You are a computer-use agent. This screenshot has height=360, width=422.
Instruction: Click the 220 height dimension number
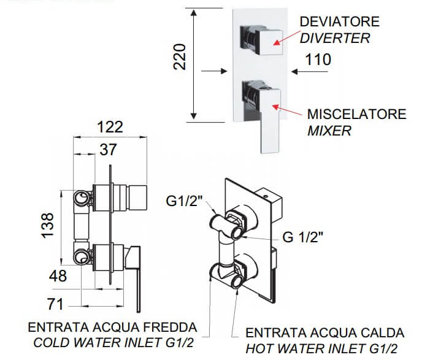pyautogui.click(x=180, y=57)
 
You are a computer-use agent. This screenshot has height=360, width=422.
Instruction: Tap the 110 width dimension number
pyautogui.click(x=318, y=59)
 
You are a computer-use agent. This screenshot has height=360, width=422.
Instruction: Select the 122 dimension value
pyautogui.click(x=110, y=127)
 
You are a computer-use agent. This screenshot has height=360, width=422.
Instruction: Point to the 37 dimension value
pyautogui.click(x=108, y=149)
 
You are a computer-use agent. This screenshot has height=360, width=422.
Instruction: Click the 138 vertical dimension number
pyautogui.click(x=47, y=225)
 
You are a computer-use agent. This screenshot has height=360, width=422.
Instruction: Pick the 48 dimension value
pyautogui.click(x=58, y=276)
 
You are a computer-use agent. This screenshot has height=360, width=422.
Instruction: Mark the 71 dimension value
pyautogui.click(x=55, y=304)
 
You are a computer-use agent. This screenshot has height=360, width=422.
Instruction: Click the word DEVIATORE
pyautogui.click(x=339, y=21)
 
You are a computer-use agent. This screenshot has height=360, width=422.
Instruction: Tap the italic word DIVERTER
pyautogui.click(x=335, y=38)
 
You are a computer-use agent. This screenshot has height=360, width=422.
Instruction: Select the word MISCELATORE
pyautogui.click(x=356, y=114)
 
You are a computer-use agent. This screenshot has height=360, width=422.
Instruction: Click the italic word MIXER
pyautogui.click(x=329, y=131)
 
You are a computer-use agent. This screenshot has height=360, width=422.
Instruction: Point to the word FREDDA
pyautogui.click(x=170, y=327)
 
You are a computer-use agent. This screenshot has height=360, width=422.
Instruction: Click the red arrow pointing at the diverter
pyautogui.click(x=286, y=37)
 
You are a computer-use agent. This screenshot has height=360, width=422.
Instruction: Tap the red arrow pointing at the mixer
pyautogui.click(x=287, y=110)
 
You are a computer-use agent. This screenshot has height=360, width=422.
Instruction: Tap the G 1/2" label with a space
pyautogui.click(x=302, y=237)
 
